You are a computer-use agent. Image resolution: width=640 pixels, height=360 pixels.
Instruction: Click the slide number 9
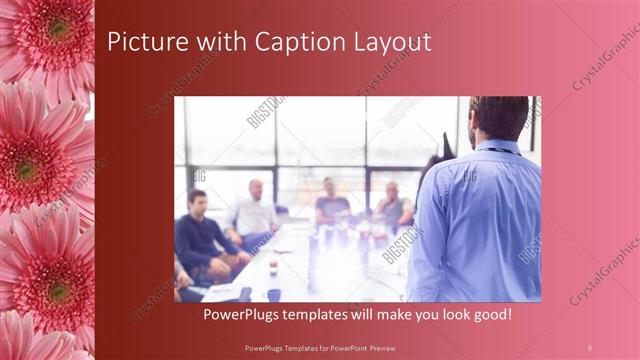click(589, 346)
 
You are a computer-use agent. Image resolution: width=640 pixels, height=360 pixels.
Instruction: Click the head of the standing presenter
click(498, 116)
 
